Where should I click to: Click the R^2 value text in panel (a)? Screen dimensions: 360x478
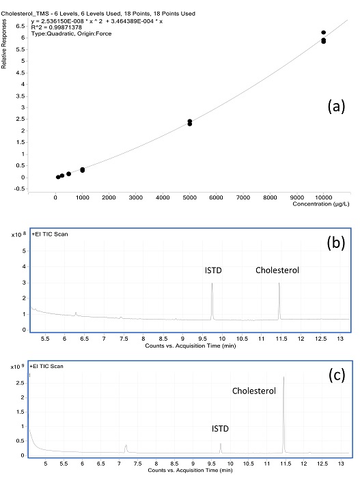point(57,27)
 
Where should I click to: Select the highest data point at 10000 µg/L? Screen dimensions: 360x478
point(323,32)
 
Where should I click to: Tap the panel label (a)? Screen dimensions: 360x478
point(336,107)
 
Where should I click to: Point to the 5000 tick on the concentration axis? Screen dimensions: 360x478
point(189,197)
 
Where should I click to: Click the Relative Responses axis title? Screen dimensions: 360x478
point(3,44)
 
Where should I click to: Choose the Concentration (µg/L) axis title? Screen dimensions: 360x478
point(321,204)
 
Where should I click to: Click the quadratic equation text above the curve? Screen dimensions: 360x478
point(97,21)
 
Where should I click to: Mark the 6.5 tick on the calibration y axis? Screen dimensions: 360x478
point(20,26)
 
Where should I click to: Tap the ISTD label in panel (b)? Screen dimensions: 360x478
point(213,270)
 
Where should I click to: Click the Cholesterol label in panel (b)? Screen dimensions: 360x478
point(277,270)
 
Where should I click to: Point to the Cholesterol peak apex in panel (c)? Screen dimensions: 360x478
point(283,377)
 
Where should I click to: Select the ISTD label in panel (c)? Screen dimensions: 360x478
point(220,429)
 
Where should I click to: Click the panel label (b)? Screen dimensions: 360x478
point(336,243)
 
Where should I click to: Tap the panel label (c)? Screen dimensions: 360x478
point(337,376)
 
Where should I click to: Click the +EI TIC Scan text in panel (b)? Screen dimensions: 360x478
point(50,234)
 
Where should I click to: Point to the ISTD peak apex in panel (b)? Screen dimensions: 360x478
point(212,283)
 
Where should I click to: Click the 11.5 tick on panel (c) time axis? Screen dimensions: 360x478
point(286,464)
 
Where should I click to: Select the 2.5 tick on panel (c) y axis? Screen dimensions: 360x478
point(20,382)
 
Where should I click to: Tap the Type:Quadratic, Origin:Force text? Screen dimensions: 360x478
point(71,33)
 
